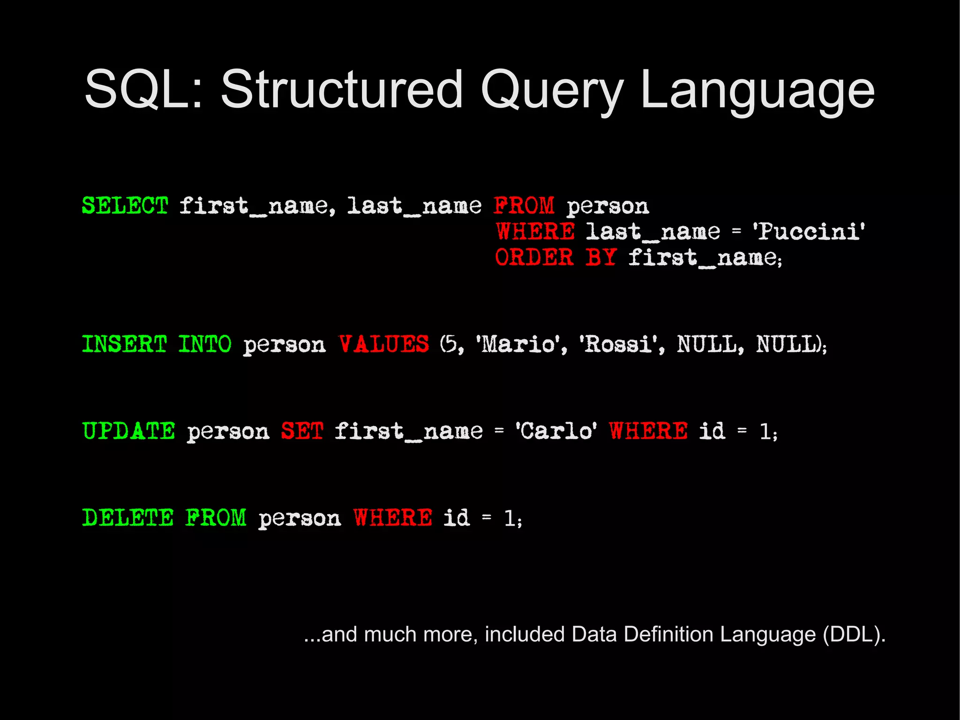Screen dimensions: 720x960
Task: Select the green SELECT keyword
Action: [125, 205]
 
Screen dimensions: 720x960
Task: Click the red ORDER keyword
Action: [534, 257]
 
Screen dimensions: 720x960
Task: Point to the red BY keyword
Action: [600, 257]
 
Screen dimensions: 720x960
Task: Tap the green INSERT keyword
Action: [124, 344]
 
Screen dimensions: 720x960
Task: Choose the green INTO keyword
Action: [204, 344]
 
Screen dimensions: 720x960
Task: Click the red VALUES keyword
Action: [383, 344]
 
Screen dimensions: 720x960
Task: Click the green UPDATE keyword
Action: [129, 431]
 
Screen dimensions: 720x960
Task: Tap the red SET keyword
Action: [302, 431]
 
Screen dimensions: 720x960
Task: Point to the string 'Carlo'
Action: [556, 431]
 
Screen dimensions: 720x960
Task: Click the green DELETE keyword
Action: [128, 517]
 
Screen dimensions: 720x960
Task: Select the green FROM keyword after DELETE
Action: [216, 517]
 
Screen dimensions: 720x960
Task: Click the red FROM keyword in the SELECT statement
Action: [524, 205]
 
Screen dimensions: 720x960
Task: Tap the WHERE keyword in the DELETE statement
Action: [393, 517]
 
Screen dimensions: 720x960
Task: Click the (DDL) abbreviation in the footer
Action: [854, 634]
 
